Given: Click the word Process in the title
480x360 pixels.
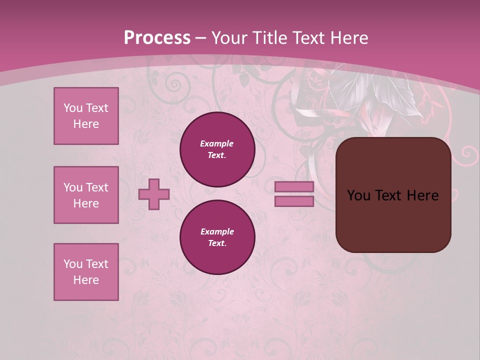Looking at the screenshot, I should pos(157,38).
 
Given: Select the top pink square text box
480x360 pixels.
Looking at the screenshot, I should pos(86,116).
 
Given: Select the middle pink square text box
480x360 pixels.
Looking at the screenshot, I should pos(86,195).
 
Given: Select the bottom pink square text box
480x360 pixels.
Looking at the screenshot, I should pos(86,272).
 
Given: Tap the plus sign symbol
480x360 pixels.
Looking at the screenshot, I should pos(154,194).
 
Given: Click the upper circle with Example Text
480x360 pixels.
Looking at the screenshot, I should pos(217,149).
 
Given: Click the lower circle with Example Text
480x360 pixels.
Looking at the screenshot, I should pos(217,237).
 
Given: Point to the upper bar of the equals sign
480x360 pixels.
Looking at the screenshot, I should pos(294,186).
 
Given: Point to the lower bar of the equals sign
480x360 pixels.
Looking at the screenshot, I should pos(294,201).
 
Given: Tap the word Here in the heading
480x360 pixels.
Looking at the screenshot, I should pos(348,38).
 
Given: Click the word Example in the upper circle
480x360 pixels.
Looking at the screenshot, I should pos(217,143).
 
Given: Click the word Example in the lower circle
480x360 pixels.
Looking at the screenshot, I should pos(217,231).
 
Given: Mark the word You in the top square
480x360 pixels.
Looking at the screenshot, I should pos(73,108).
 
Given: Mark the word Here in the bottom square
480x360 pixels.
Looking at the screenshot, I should pos(86,280).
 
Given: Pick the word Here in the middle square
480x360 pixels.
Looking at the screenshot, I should pos(86,203).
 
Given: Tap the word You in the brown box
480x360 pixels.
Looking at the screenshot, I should pos(358,195).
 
